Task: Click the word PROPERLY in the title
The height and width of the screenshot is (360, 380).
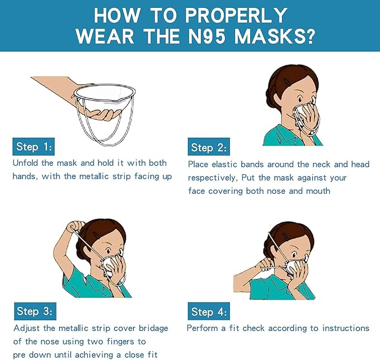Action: (236, 15)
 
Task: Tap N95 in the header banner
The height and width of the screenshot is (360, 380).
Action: (205, 36)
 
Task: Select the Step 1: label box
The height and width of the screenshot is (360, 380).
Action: (34, 147)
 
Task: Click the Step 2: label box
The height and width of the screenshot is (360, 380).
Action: (209, 147)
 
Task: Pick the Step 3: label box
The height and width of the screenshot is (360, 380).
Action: (35, 311)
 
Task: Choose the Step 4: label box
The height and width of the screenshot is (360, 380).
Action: (209, 311)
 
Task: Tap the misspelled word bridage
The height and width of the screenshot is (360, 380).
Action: (153, 329)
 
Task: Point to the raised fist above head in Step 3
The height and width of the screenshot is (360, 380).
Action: (74, 226)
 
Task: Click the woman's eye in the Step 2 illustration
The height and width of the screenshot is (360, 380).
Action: (301, 99)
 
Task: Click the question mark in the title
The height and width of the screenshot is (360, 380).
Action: (309, 36)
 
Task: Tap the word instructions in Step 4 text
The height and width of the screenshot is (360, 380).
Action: (346, 328)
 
